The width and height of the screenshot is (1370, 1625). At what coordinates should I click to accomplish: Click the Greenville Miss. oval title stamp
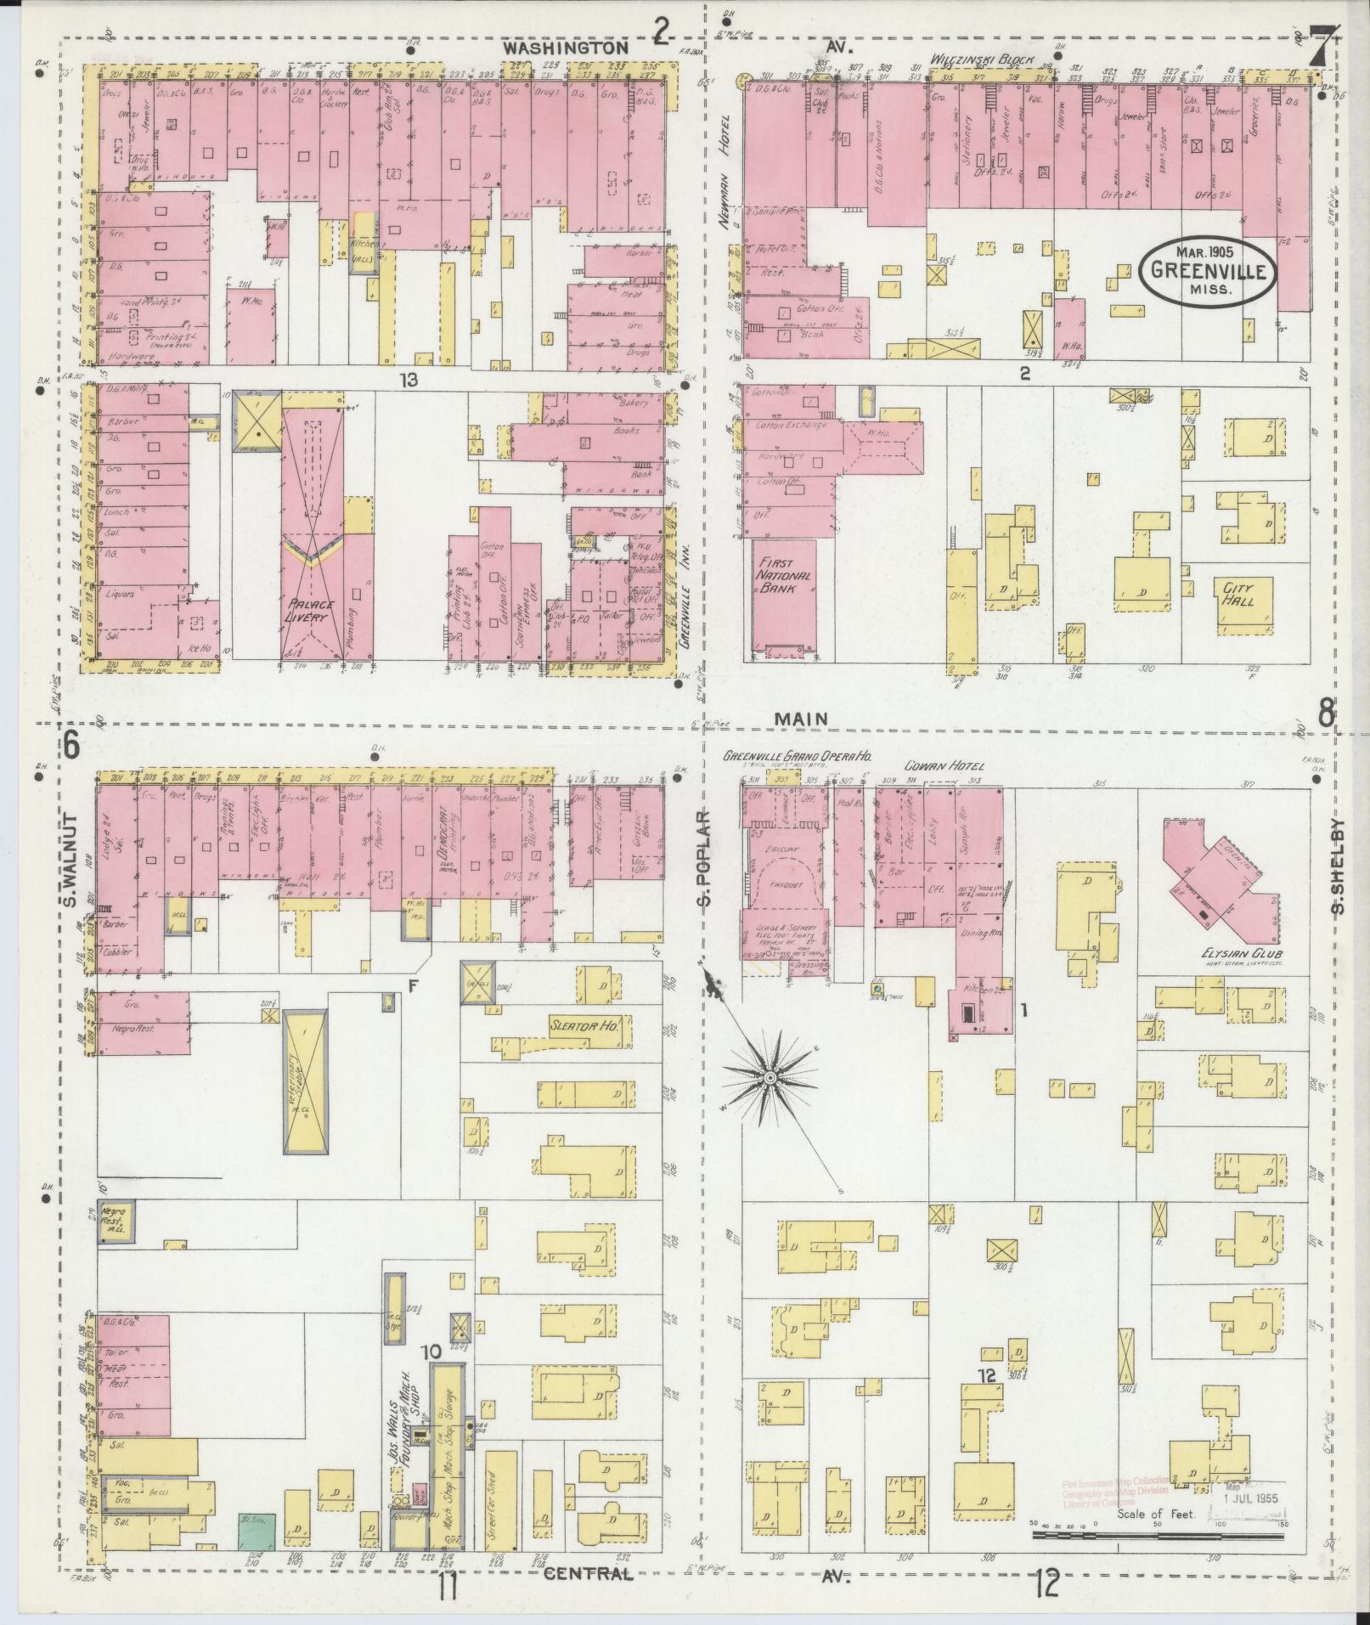tap(1209, 272)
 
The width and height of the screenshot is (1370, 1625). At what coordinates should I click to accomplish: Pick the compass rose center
tap(770, 1077)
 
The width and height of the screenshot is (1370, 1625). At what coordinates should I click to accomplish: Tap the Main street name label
tap(800, 719)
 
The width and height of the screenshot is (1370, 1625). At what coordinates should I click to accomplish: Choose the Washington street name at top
tap(564, 48)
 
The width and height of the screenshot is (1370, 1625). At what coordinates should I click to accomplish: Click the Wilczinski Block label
tap(980, 60)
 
